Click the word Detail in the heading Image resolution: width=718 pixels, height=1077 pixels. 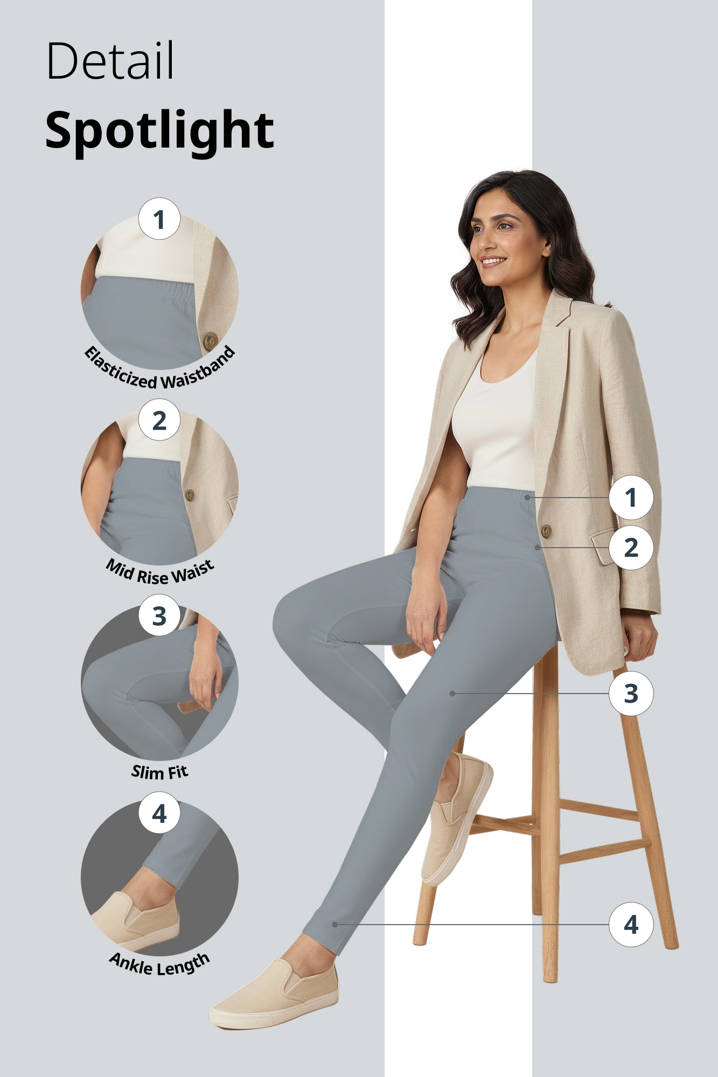110,61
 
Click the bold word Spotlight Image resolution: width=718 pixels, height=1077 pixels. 159,130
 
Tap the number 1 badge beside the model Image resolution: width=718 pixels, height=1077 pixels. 631,498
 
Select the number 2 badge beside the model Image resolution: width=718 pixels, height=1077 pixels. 631,548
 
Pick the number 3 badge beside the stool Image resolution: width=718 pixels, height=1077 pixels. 631,694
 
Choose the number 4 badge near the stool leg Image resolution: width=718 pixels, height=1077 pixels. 631,925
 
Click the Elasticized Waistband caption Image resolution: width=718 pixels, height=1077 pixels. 159,372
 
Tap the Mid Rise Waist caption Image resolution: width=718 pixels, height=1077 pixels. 159,572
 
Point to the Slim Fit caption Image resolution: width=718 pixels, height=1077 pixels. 159,772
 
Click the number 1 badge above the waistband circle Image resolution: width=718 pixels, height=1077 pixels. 159,219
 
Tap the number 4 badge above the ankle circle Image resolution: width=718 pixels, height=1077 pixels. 159,813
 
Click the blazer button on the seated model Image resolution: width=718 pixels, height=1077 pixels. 546,531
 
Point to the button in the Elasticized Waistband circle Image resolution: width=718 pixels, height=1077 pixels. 210,340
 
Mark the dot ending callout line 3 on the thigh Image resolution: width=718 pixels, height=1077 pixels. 452,694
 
